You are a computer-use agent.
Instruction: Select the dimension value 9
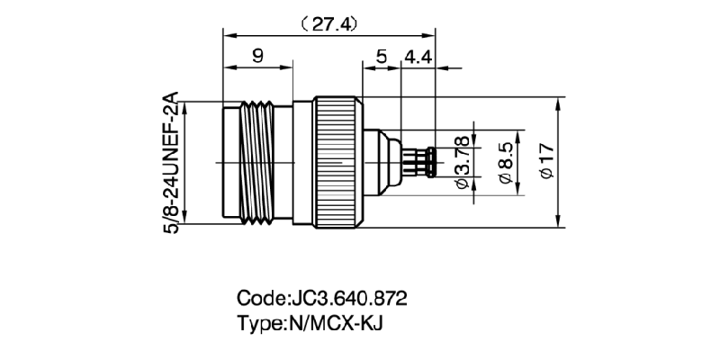257,57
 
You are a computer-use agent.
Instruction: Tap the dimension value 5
382,57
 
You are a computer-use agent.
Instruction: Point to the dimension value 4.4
419,57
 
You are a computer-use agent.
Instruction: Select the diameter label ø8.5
506,162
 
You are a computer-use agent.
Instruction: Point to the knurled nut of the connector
337,162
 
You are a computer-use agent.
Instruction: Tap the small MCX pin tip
431,163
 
